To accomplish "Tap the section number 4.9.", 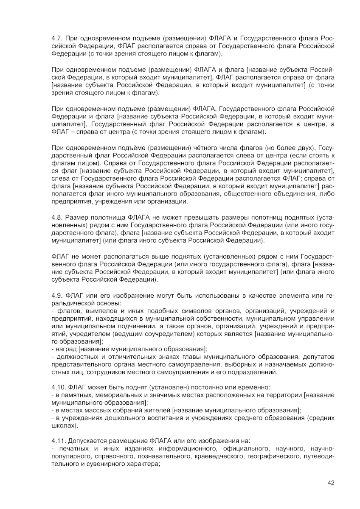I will (57, 295).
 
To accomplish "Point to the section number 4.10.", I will (59, 388).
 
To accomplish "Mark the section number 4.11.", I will (59, 441).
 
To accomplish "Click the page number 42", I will (331, 483).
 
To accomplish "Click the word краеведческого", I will (219, 456).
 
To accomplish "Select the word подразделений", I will (254, 372).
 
